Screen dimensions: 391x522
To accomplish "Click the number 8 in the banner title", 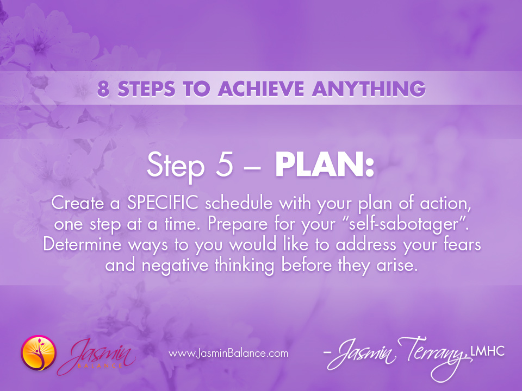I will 103,88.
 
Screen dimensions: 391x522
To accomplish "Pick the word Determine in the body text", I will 89,244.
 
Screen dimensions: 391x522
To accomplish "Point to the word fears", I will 461,244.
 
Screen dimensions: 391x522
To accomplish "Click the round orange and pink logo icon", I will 38,353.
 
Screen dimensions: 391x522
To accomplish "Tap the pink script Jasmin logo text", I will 97,352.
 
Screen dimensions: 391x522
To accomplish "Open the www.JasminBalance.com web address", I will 228,354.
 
